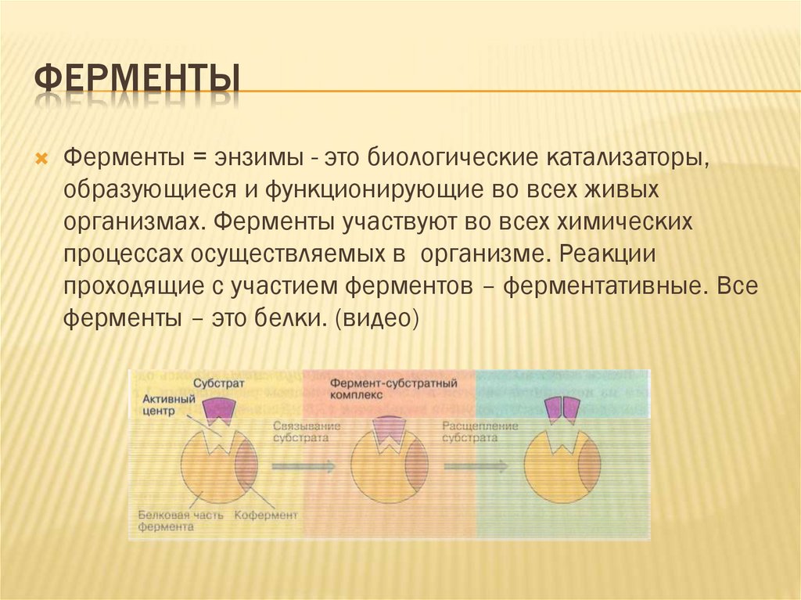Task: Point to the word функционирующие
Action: point(378,189)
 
